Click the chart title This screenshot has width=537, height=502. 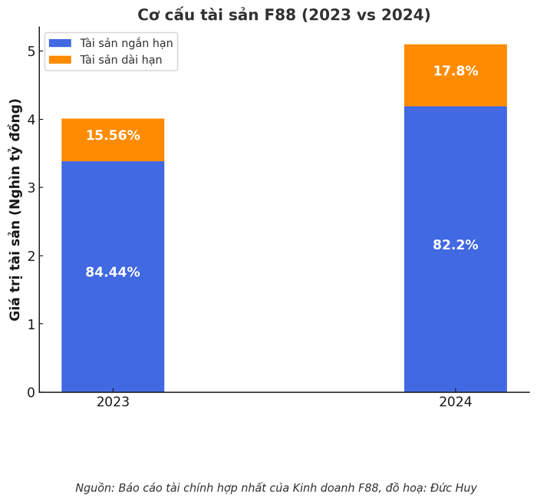pyautogui.click(x=284, y=15)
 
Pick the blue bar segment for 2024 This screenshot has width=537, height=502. pyautogui.click(x=455, y=307)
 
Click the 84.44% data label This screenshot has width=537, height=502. pyautogui.click(x=113, y=272)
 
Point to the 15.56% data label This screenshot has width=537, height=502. pyautogui.click(x=113, y=136)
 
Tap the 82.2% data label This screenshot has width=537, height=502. pyautogui.click(x=455, y=246)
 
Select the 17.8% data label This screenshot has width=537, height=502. pyautogui.click(x=455, y=71)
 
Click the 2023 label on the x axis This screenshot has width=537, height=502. pyautogui.click(x=113, y=402)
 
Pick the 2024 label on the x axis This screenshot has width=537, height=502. pyautogui.click(x=455, y=402)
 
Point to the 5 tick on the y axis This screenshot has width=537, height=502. pyautogui.click(x=31, y=51)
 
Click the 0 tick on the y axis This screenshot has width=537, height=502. pyautogui.click(x=31, y=392)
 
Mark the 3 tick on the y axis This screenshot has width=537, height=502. pyautogui.click(x=31, y=188)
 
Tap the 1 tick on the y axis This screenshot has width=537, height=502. pyautogui.click(x=31, y=324)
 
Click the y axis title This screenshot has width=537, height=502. pyautogui.click(x=15, y=209)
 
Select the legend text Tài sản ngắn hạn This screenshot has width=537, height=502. pyautogui.click(x=126, y=44)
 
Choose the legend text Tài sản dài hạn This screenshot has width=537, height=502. pyautogui.click(x=120, y=60)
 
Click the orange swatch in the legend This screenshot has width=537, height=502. pyautogui.click(x=60, y=60)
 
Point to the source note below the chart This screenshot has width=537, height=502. pyautogui.click(x=276, y=488)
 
